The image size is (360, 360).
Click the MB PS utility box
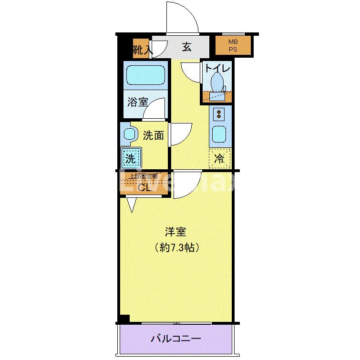[x=232, y=46]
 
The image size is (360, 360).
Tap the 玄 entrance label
[x=187, y=47]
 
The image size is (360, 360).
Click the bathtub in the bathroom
[x=145, y=75]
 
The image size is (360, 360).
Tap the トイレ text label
[x=217, y=68]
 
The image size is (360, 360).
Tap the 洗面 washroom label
[x=153, y=135]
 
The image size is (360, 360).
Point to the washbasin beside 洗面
[x=127, y=134]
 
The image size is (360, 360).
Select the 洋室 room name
[x=175, y=232]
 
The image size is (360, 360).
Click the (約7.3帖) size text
[x=176, y=248]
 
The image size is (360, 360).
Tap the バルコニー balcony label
[x=176, y=339]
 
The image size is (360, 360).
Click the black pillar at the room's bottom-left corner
[x=124, y=319]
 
